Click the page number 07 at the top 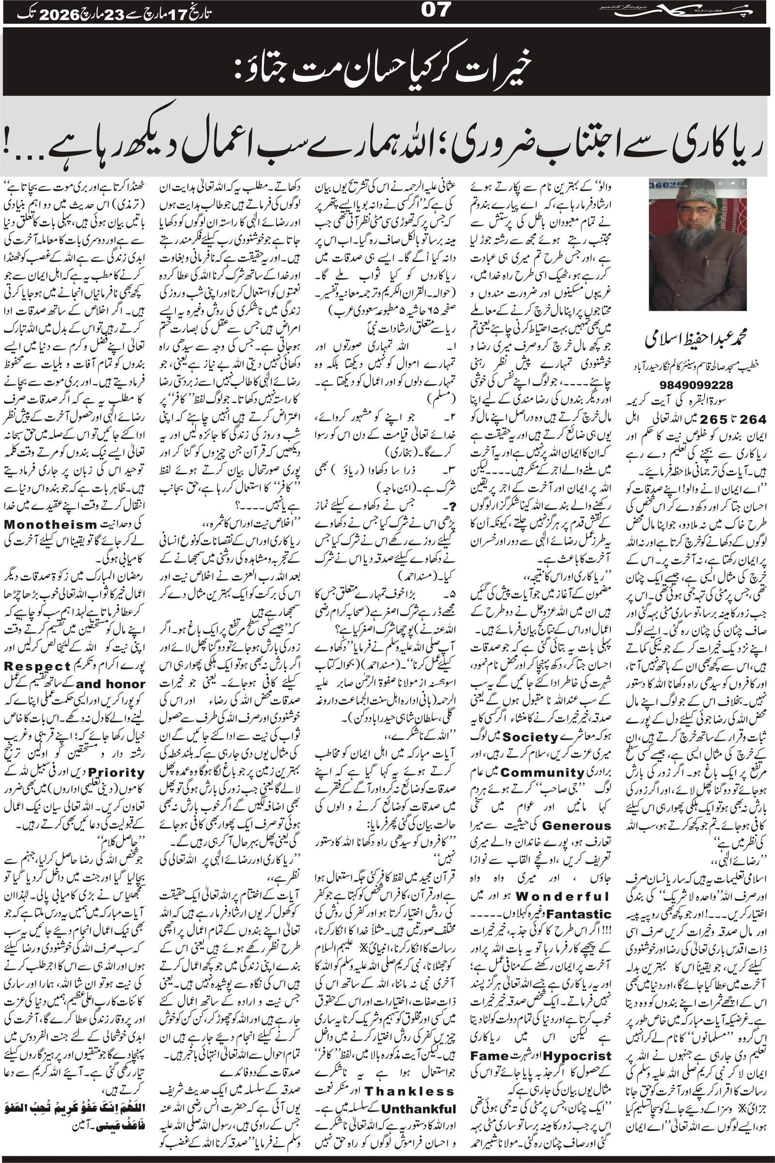[434, 11]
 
